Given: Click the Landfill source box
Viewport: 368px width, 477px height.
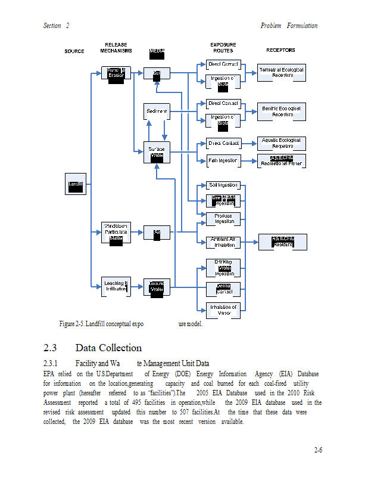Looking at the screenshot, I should click(76, 184).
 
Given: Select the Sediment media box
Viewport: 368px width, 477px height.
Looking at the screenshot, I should click(157, 111).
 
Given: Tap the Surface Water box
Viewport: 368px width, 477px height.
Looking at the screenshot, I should click(157, 152).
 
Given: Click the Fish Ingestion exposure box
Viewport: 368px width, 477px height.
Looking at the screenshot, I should click(223, 160).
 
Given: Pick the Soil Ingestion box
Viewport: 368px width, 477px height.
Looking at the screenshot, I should click(223, 185).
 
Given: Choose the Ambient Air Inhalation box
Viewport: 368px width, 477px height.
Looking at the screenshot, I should click(223, 242).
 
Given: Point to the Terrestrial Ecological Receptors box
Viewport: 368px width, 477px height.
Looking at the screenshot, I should click(281, 73).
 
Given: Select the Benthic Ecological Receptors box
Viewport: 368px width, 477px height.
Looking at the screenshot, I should click(282, 111).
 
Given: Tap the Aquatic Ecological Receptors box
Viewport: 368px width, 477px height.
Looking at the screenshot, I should click(282, 143).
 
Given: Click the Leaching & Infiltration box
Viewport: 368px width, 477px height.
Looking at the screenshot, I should click(116, 286).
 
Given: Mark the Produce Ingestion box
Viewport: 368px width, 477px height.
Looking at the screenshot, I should click(223, 219).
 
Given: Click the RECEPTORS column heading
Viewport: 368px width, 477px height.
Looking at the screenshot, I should click(280, 51).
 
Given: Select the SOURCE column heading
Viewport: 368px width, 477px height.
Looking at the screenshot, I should click(74, 51).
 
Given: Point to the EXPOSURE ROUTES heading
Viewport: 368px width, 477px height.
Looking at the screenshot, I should click(223, 48).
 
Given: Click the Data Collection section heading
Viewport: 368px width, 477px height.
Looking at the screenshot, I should click(108, 348).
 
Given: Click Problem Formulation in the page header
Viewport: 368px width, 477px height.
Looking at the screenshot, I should click(289, 26).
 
